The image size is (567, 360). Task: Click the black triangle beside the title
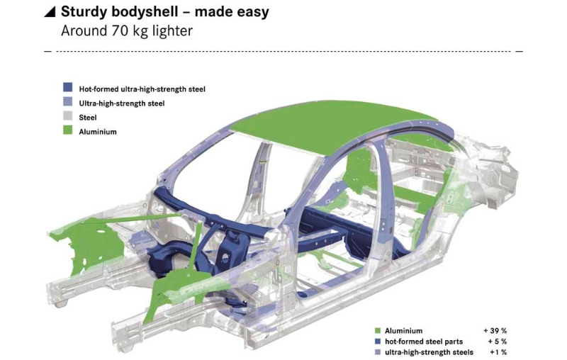(51, 12)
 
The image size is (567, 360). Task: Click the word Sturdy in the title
(84, 12)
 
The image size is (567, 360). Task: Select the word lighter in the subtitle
(172, 31)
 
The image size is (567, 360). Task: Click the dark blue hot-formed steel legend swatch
(67, 87)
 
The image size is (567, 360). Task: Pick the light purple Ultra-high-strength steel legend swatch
(67, 101)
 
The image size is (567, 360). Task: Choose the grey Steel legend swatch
(67, 116)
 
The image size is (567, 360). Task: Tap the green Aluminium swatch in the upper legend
(67, 130)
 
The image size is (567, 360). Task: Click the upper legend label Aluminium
(98, 132)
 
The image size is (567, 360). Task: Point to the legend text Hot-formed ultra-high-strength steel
(142, 89)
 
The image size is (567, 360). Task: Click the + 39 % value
(495, 330)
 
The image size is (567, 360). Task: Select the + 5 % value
(498, 341)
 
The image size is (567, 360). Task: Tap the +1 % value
(498, 352)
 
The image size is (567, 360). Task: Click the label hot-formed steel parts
(424, 341)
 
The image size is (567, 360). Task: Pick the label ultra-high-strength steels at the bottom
(429, 352)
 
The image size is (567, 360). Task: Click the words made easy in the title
(232, 12)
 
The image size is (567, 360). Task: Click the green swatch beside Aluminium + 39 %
(378, 330)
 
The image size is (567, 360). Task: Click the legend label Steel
(88, 118)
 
